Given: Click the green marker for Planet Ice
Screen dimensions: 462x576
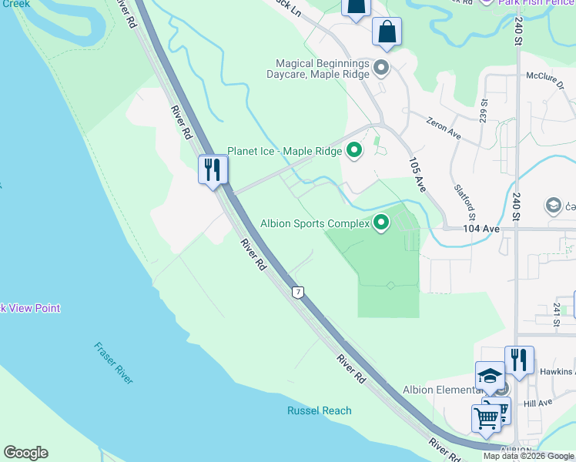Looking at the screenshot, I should tap(354, 151).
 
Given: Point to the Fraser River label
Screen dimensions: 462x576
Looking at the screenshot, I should tap(114, 363).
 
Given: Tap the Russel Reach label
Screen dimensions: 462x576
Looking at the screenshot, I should tap(320, 410).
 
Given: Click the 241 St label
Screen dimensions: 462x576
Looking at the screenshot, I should tap(555, 316).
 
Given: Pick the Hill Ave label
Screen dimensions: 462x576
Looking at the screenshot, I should tap(537, 403).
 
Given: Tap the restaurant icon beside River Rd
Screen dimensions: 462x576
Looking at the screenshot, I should tap(213, 169).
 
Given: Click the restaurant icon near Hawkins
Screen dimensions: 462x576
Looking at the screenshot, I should tap(519, 360).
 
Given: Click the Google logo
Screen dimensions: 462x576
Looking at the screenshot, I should tap(25, 453).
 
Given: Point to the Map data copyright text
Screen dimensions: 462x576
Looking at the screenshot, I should tap(528, 456).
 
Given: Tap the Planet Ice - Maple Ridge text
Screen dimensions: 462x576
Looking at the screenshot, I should tap(284, 151).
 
